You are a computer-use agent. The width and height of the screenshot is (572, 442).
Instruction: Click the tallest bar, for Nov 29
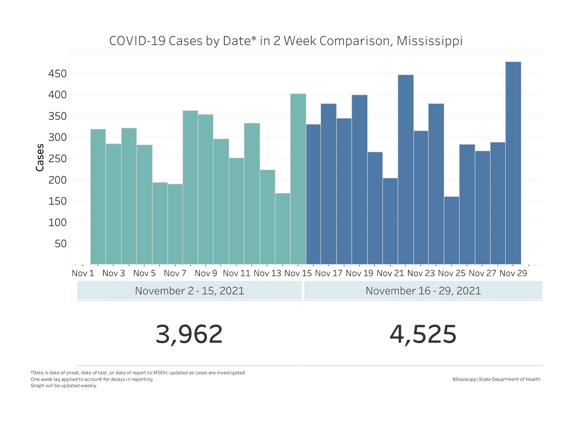[x=513, y=163]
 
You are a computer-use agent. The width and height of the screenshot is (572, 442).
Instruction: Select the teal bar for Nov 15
[x=298, y=179]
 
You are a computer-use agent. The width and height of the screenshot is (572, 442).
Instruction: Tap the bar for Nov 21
[x=390, y=221]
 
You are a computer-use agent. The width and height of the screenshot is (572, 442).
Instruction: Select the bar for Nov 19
[x=360, y=179]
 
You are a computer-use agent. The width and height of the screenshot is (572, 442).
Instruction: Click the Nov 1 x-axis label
[x=83, y=273]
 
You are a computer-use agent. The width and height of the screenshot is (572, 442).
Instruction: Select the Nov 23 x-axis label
[x=422, y=273]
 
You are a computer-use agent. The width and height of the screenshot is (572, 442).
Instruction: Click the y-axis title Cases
[x=40, y=158]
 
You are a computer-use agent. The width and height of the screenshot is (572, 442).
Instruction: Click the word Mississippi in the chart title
[x=430, y=41]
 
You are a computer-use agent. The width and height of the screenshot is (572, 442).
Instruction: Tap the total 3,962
[x=189, y=334]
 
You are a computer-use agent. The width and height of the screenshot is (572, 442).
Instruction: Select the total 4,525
[x=423, y=334]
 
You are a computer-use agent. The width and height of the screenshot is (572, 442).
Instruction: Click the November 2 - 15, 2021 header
[x=189, y=290]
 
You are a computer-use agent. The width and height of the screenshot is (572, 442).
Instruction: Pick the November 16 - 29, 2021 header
[x=423, y=290]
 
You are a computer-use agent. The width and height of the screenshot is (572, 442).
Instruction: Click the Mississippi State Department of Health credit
[x=496, y=379]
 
